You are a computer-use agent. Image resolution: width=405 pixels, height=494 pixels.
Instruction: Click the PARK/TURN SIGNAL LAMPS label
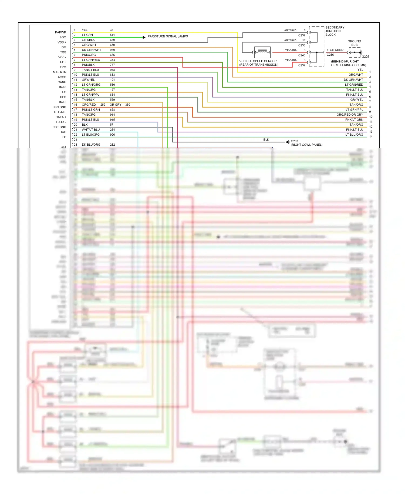point(168,36)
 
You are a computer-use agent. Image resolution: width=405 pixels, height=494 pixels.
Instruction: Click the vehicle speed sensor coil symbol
point(262,52)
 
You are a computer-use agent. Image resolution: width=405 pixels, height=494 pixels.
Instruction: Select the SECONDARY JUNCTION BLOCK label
point(335,31)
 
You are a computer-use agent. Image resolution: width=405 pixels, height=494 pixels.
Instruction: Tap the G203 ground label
point(294,141)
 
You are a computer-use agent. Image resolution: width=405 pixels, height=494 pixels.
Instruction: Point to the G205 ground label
point(365,57)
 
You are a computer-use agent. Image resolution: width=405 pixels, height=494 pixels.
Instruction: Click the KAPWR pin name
point(60,32)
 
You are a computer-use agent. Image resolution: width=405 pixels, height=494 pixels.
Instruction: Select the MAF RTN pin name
point(59,72)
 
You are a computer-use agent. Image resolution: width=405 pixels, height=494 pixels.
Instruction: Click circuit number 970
point(112,50)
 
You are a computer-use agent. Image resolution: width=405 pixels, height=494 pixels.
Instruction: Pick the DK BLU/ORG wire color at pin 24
point(91,145)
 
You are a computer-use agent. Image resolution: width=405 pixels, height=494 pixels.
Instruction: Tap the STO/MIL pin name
point(60,112)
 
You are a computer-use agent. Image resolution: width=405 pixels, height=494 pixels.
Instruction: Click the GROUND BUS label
point(354,43)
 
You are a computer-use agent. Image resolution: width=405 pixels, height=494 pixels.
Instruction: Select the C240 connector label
point(302,55)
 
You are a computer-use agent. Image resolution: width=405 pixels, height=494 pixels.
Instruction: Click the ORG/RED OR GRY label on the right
point(350,115)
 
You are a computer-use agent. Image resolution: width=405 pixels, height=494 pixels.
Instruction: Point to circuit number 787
point(112,65)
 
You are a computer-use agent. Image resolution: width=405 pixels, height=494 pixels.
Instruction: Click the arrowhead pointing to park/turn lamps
point(144,37)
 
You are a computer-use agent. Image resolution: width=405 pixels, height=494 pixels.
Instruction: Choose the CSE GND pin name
point(59,127)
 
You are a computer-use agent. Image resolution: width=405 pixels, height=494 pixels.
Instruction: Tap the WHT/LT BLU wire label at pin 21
point(91,130)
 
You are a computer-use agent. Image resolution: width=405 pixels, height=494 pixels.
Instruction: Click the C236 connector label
point(330,55)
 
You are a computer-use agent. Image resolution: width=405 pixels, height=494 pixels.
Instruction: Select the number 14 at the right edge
point(371,136)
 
